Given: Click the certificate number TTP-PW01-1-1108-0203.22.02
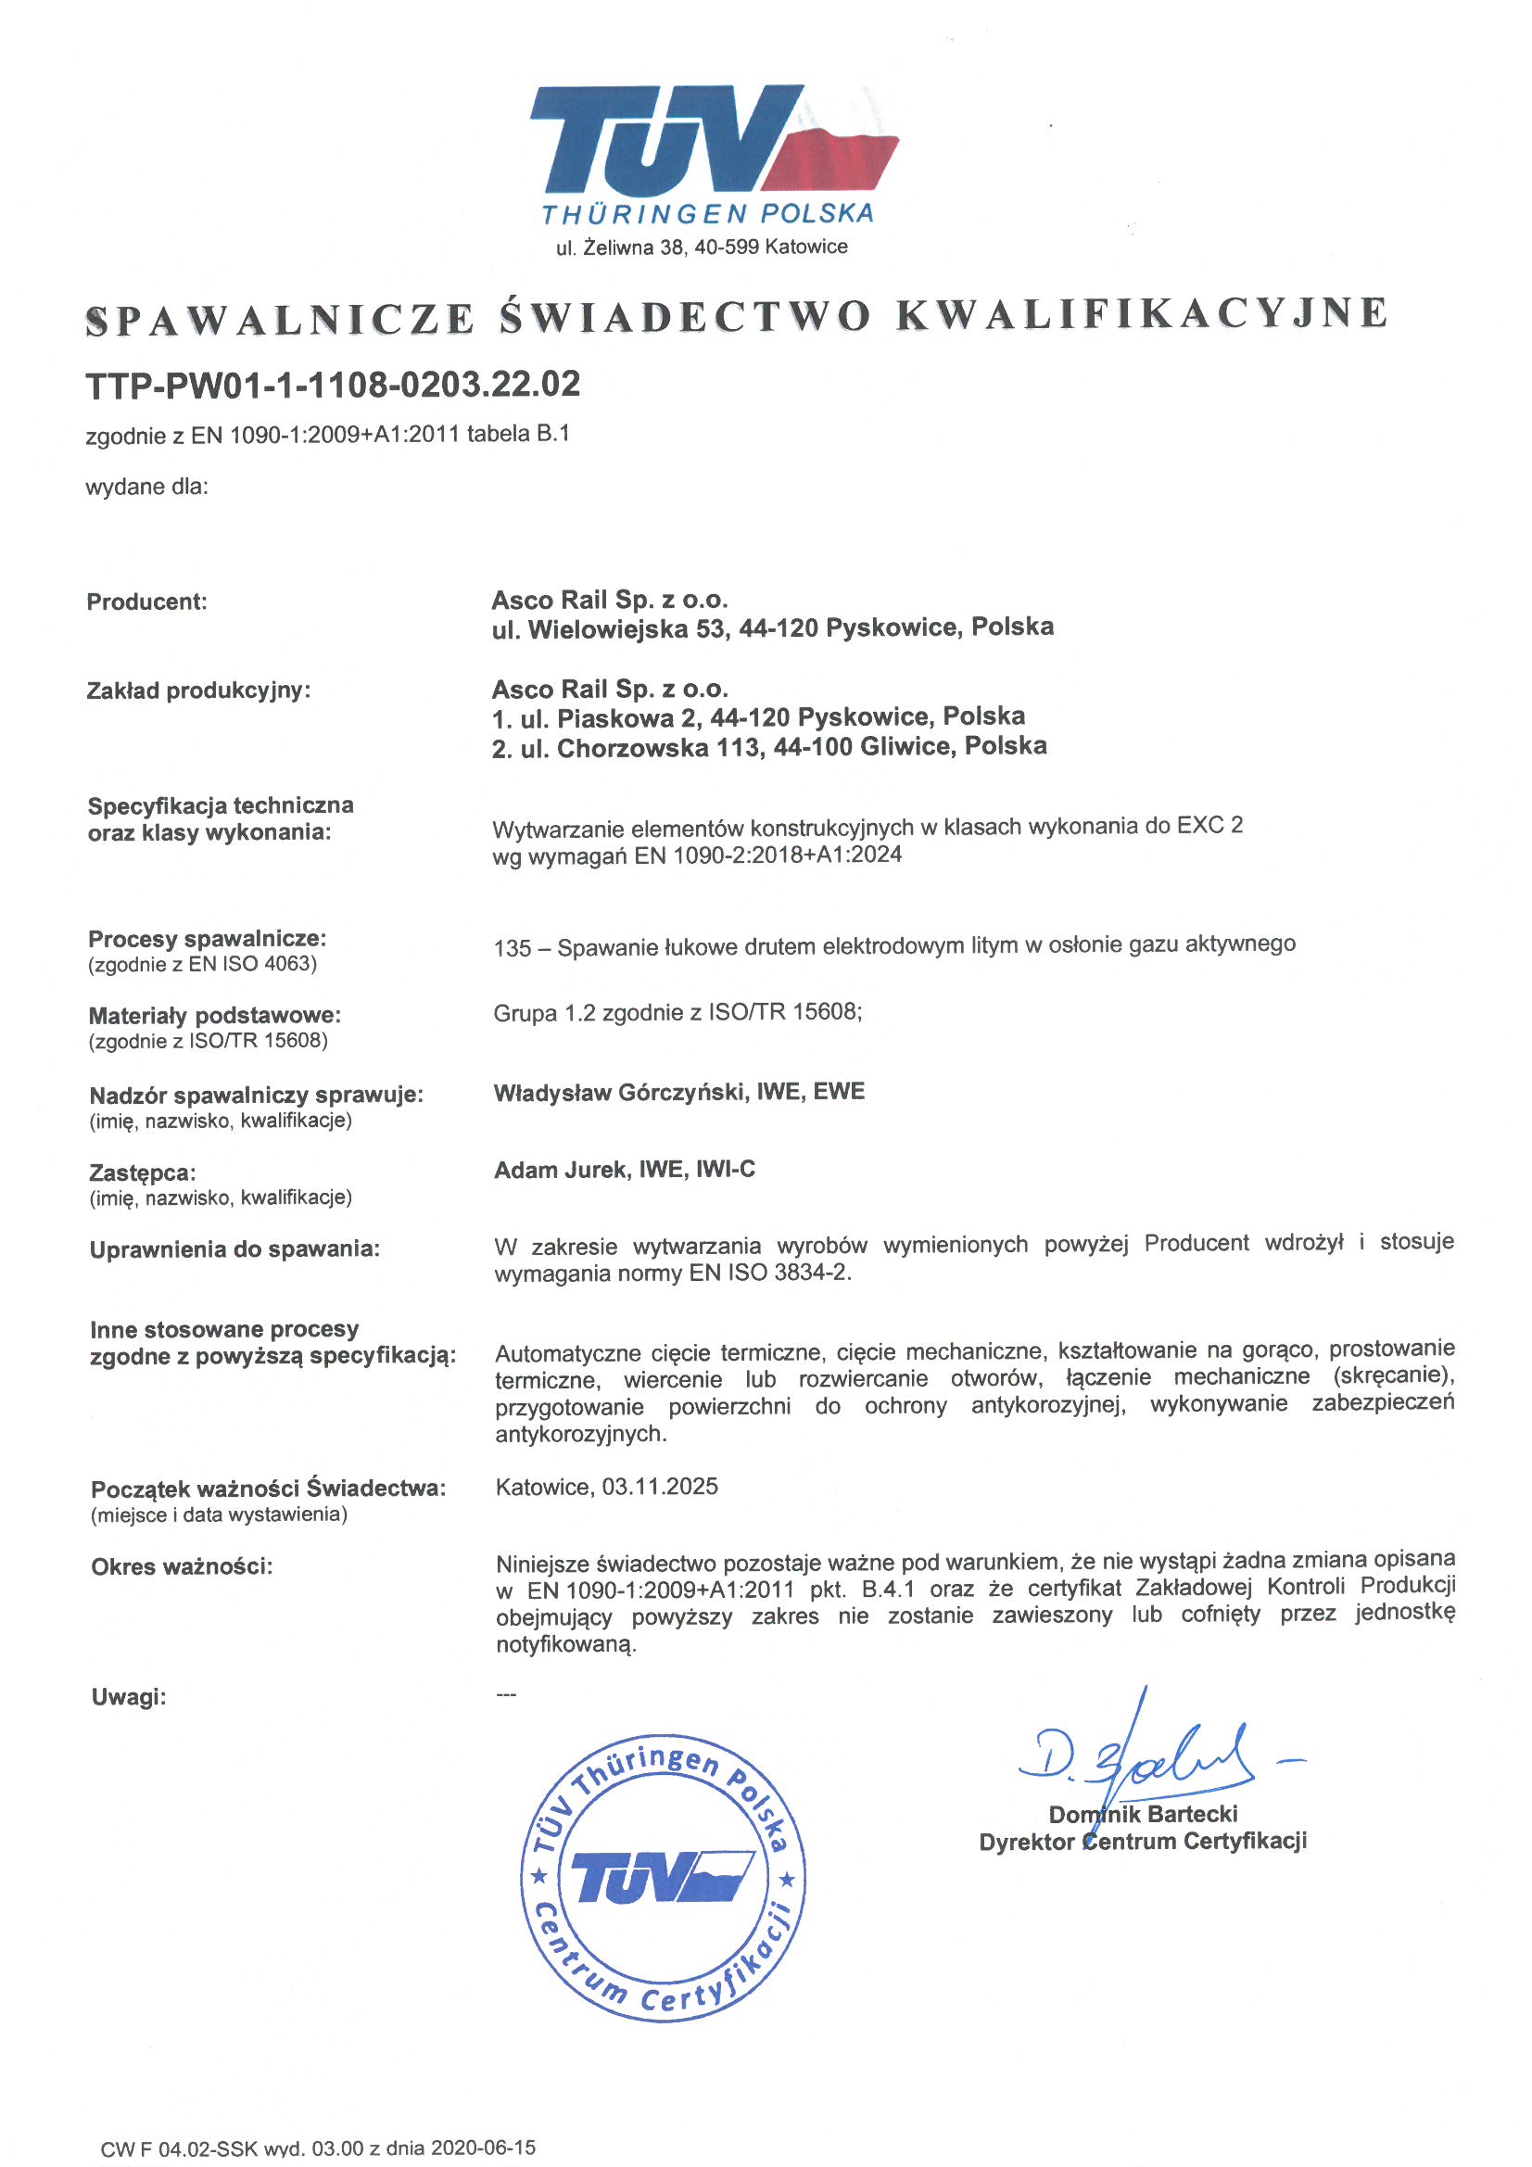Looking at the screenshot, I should [333, 385].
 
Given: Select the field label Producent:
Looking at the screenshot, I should [146, 602].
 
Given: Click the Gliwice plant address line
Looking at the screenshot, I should [768, 747].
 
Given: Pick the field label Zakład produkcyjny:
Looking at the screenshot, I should [198, 691].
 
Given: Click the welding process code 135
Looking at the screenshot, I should [512, 947].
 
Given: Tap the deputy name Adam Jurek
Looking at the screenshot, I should [561, 1171].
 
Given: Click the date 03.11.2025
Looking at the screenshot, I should [660, 1488].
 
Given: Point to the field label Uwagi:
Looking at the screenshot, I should [129, 1698].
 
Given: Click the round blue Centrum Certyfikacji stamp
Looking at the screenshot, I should [664, 1877].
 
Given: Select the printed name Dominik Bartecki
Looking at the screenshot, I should [1142, 1814].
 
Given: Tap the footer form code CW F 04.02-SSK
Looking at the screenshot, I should [180, 2149].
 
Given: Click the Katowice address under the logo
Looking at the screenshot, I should [702, 247].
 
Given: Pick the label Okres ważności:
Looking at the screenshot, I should [182, 1567].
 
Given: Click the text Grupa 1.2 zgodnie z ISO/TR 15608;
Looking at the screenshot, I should [677, 1014].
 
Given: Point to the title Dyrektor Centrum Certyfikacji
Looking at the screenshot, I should [1142, 1842].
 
